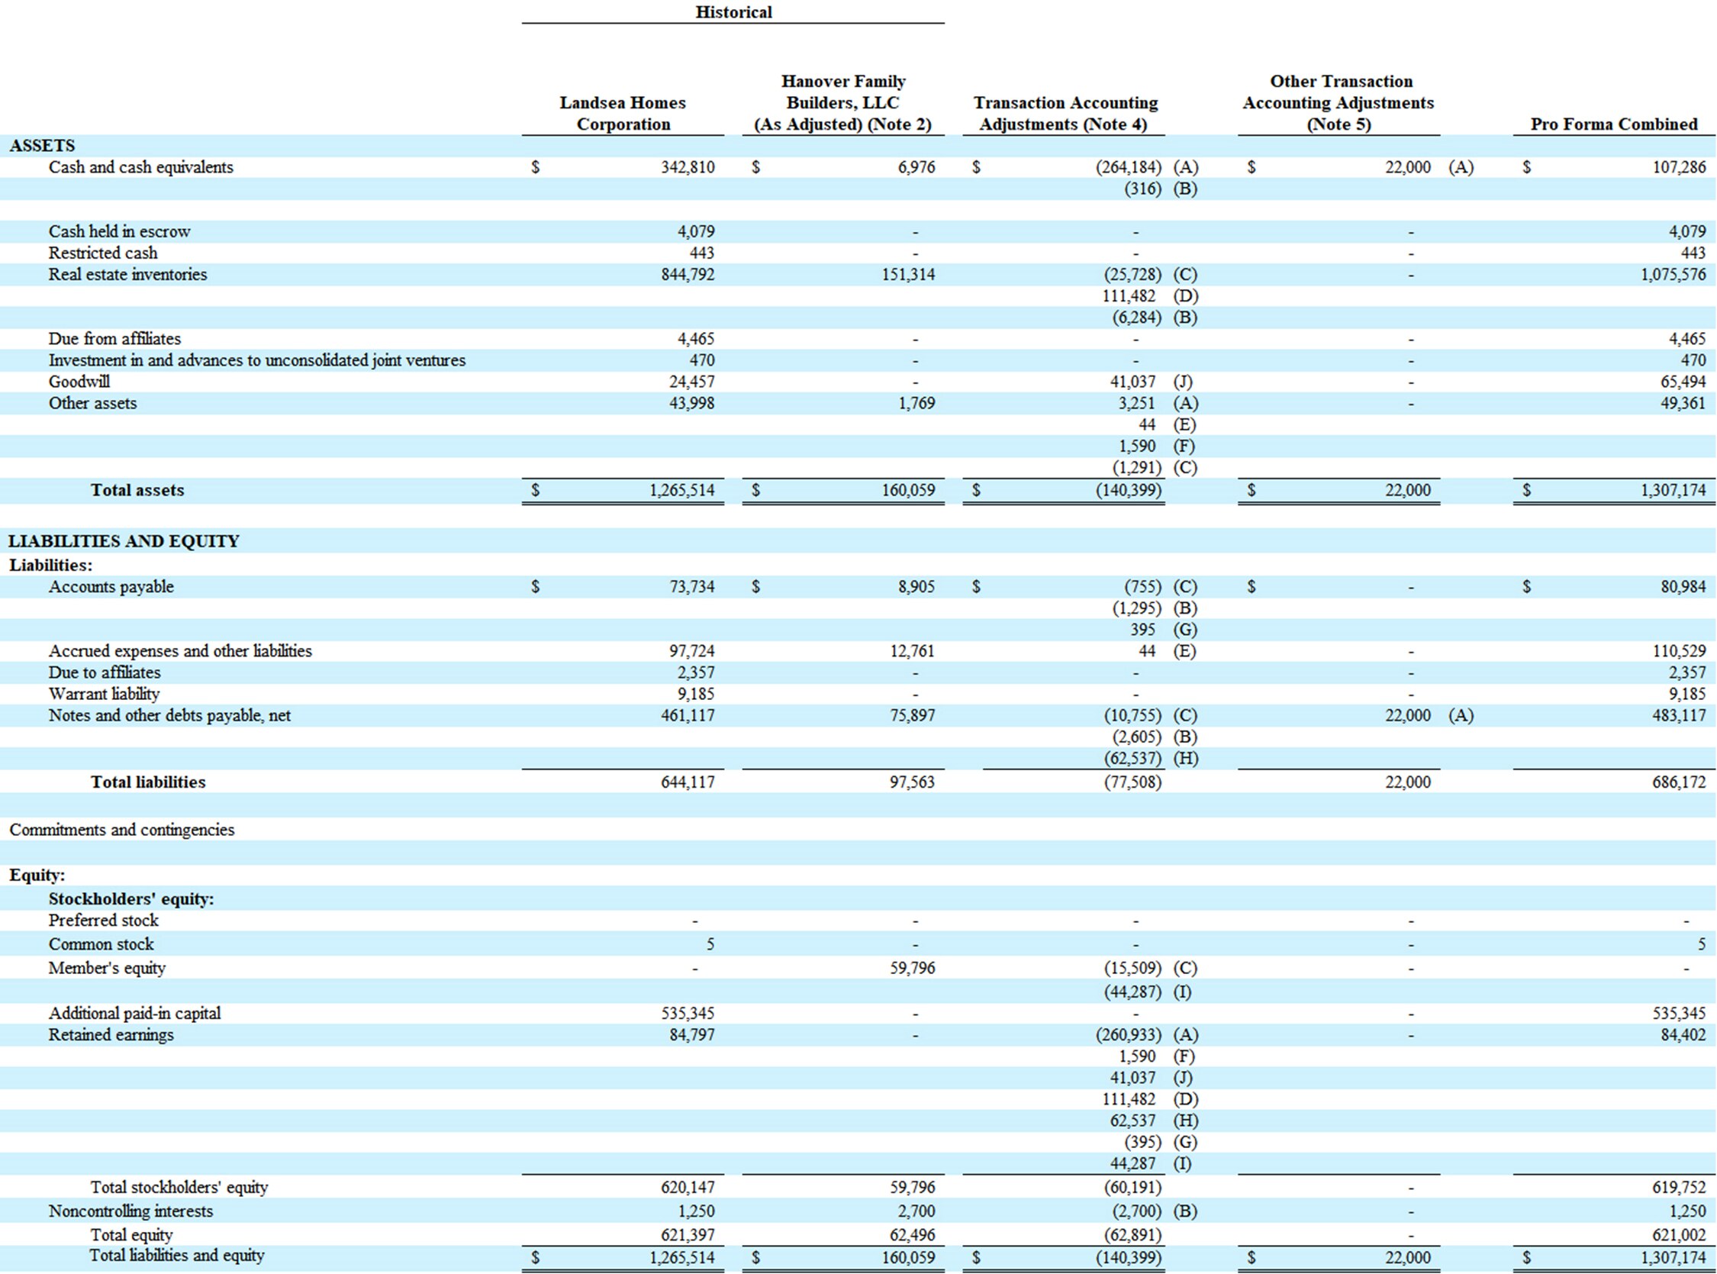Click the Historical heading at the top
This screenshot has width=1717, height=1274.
coord(733,11)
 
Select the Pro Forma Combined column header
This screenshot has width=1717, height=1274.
coord(1614,124)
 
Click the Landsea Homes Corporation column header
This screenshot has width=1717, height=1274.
coord(623,114)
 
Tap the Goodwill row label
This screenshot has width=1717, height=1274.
coord(79,382)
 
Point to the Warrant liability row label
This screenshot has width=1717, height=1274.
coord(104,694)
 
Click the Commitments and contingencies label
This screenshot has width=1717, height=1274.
coord(122,830)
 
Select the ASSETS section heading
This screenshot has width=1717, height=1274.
coord(43,146)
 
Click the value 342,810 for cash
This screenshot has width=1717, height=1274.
coord(688,167)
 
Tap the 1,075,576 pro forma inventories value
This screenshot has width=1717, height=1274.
coord(1673,275)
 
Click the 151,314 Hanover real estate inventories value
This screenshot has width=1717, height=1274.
coord(908,275)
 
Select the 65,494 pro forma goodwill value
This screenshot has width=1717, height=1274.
coord(1683,382)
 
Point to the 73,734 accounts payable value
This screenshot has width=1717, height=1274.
coord(691,587)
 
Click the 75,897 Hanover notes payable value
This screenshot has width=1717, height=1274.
coord(912,716)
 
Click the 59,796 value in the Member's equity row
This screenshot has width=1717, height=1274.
coord(912,968)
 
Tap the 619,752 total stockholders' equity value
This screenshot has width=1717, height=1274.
coord(1679,1188)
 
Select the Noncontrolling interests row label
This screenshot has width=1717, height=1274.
coord(130,1211)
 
